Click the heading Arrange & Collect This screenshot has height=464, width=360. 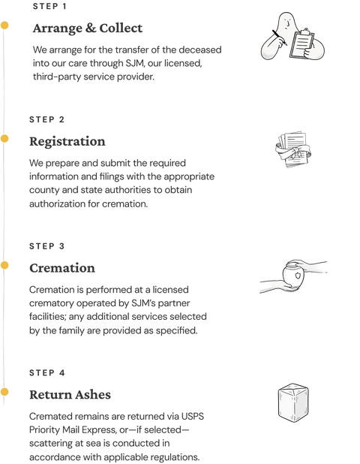pyautogui.click(x=88, y=29)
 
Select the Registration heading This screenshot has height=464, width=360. pyautogui.click(x=67, y=142)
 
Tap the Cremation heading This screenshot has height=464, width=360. pyautogui.click(x=62, y=268)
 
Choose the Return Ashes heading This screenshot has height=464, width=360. pyautogui.click(x=70, y=395)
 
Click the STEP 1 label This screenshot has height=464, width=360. pyautogui.click(x=49, y=6)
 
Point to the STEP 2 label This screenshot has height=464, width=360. pyautogui.click(x=46, y=119)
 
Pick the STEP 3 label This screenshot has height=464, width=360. pyautogui.click(x=46, y=246)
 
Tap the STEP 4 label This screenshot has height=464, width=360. pyautogui.click(x=46, y=373)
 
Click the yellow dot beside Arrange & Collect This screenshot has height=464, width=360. pyautogui.click(x=4, y=26)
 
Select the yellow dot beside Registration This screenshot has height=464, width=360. pyautogui.click(x=4, y=138)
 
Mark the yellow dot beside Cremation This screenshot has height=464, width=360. pyautogui.click(x=4, y=265)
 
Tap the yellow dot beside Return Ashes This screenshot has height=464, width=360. pyautogui.click(x=4, y=392)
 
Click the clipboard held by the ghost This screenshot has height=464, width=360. pyautogui.click(x=301, y=44)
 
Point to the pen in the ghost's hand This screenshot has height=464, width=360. pyautogui.click(x=279, y=38)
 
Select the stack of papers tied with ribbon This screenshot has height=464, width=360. pyautogui.click(x=293, y=149)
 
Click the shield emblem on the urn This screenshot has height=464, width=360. pyautogui.click(x=298, y=276)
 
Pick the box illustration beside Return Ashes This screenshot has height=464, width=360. pyautogui.click(x=293, y=402)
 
